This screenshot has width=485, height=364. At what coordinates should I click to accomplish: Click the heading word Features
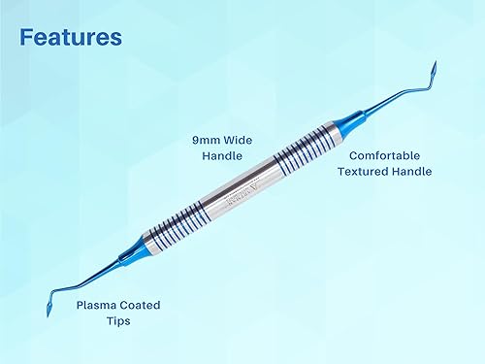71,38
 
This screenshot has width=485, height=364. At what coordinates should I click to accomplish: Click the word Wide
237,139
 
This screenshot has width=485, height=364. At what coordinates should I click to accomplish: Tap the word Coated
144,304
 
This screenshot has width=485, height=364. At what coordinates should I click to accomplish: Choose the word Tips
118,321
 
